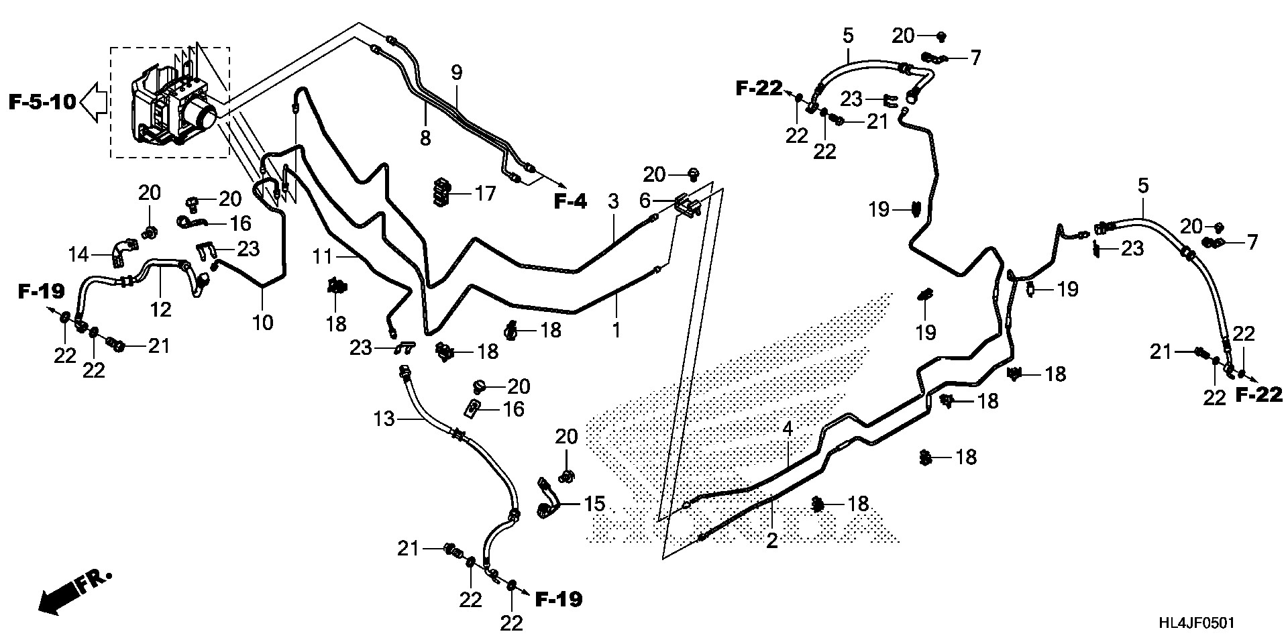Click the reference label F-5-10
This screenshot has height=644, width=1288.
point(42,103)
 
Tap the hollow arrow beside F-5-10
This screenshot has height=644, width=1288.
point(93,103)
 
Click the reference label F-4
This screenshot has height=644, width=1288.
point(570,201)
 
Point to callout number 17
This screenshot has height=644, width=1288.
point(484,194)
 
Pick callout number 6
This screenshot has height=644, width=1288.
point(645,199)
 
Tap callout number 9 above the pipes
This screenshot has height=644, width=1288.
point(457,73)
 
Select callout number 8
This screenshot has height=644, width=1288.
point(425,138)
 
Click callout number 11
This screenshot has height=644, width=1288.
point(323,256)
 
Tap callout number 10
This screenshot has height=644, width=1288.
point(263,322)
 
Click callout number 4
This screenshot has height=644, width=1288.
point(788,429)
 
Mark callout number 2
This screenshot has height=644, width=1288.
point(772,540)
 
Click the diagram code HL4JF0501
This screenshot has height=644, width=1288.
point(1195,623)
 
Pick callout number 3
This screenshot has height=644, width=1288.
point(612,200)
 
